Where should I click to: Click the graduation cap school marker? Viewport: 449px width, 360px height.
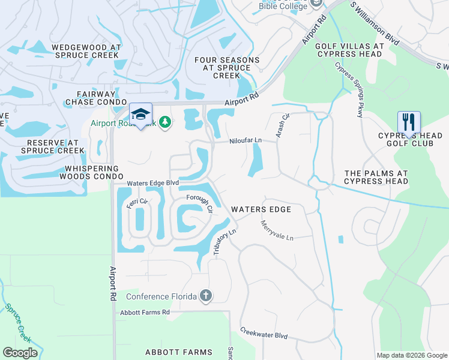(x=140, y=114)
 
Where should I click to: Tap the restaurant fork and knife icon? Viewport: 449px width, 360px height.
(x=408, y=122)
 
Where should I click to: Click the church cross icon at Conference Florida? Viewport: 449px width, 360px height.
(x=206, y=296)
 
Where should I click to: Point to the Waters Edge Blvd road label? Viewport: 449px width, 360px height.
(x=152, y=183)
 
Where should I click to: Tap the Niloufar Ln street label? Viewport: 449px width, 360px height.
(x=246, y=141)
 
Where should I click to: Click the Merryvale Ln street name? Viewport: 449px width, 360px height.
(x=277, y=230)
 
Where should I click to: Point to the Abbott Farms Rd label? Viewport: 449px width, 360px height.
(x=145, y=312)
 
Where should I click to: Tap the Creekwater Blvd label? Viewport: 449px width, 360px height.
(x=264, y=334)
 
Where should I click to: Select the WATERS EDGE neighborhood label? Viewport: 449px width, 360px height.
(x=261, y=209)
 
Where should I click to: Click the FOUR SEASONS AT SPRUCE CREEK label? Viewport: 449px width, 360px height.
(x=227, y=68)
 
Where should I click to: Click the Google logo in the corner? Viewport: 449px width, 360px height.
(x=20, y=353)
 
